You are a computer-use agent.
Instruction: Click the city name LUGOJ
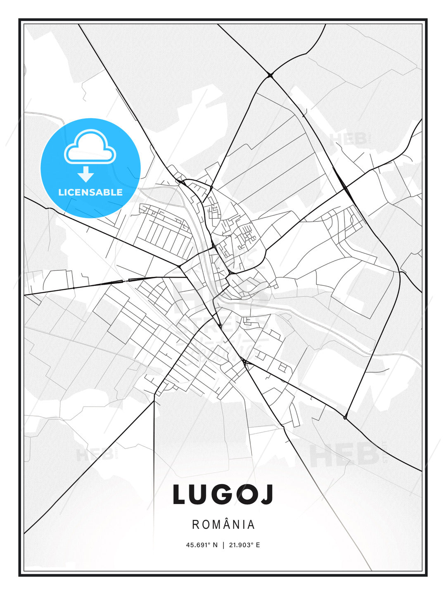click(x=223, y=495)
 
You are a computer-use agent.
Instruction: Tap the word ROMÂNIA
click(x=223, y=524)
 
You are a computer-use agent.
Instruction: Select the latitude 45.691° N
click(x=202, y=545)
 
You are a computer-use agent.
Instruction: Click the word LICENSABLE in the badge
click(x=90, y=192)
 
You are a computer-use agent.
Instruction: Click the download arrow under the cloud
click(x=86, y=174)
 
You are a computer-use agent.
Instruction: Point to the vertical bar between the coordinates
click(x=223, y=545)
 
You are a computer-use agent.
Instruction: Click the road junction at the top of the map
click(x=270, y=75)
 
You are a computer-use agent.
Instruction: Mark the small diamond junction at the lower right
click(x=345, y=418)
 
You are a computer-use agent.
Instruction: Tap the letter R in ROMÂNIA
click(x=195, y=525)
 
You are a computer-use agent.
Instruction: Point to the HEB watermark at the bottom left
click(x=95, y=455)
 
